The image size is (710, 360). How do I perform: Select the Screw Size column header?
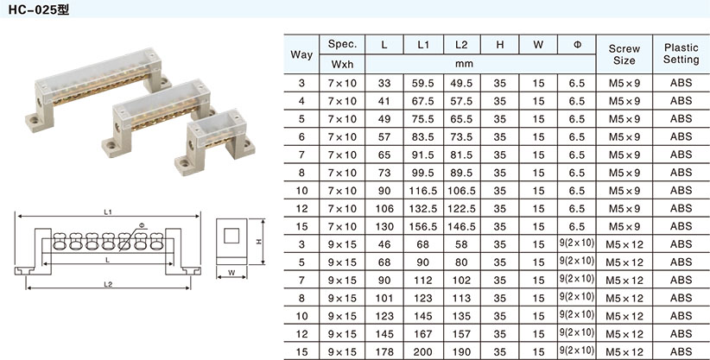[x=624, y=54]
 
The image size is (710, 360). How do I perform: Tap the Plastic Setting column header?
[x=681, y=54]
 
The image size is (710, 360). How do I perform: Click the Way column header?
[x=301, y=54]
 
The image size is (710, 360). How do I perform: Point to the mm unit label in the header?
[x=464, y=64]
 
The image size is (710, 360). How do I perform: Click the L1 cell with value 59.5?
[x=422, y=84]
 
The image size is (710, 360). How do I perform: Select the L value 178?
[x=384, y=352]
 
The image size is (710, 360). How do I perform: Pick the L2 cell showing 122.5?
[x=461, y=209]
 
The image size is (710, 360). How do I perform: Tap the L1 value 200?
[x=422, y=352]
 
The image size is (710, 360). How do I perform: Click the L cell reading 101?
[x=384, y=298]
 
